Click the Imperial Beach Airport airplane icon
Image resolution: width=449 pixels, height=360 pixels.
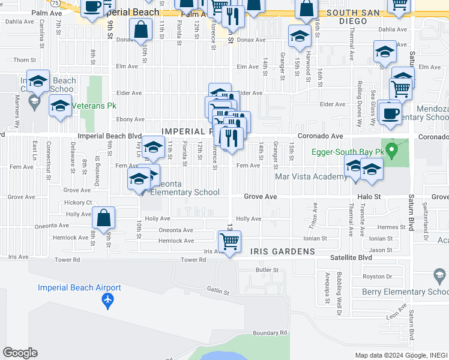tap(108, 299)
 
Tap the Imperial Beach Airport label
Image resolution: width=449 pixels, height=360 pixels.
tap(79, 287)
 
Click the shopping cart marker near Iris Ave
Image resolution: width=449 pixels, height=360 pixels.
tap(229, 241)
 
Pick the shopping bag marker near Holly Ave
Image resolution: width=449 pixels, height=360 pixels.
tap(104, 218)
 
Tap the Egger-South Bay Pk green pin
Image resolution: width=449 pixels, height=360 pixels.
tap(393, 149)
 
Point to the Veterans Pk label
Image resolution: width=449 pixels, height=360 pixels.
tap(94, 106)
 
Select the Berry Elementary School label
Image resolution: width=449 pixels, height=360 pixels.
tap(405, 292)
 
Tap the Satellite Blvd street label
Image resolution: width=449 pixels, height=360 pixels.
tap(351, 257)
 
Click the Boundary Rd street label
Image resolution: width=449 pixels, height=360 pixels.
tap(270, 333)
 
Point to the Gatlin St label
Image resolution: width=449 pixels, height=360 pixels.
tap(218, 291)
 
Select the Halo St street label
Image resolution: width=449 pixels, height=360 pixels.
tap(369, 196)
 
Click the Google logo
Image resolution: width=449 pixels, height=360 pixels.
tap(20, 353)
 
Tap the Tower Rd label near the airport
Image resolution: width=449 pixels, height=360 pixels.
tap(193, 260)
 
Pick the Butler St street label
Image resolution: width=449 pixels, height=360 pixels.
tap(264, 271)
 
